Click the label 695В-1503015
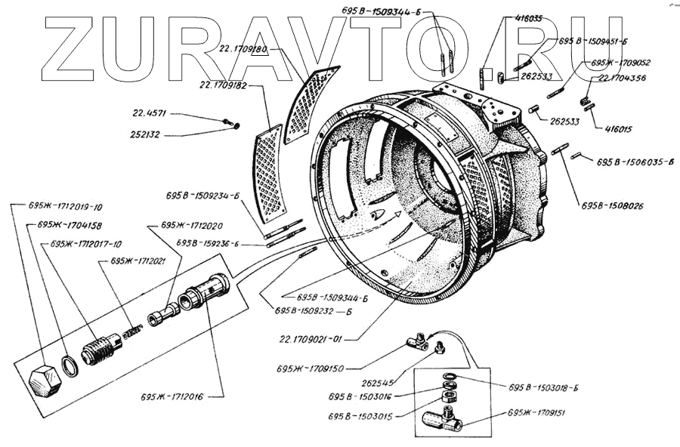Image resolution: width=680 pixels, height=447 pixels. click(360, 416)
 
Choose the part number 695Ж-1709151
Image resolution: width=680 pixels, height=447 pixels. click(537, 412)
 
